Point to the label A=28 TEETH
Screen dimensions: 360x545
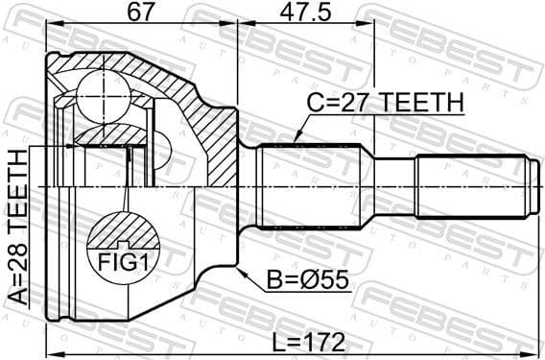17,228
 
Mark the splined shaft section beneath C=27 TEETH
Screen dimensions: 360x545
308,182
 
